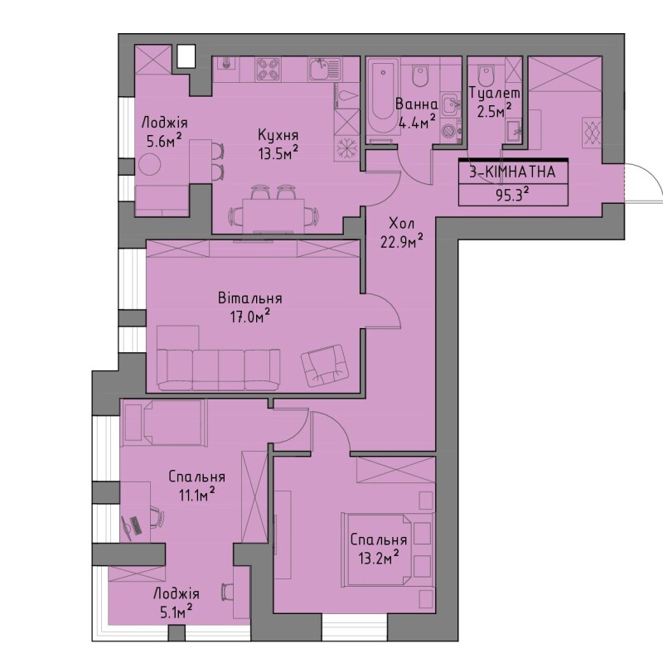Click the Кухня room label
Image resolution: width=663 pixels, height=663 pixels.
coord(278,135)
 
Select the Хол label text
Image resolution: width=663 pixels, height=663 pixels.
coord(401,223)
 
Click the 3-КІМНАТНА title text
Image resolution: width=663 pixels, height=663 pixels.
coord(512,172)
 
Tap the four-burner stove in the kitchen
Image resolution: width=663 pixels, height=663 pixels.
coord(269,69)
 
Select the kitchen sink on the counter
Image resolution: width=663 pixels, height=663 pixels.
coord(324,69)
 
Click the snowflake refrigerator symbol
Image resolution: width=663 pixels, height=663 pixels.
coord(346,149)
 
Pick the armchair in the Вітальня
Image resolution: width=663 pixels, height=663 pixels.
coord(323,365)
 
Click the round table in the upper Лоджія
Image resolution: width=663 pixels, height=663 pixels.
coord(150,164)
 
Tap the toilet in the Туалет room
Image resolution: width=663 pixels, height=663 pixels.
coord(486,75)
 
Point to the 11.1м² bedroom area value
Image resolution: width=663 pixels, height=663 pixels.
coord(196,494)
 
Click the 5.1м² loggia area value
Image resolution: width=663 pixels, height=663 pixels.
coord(176,612)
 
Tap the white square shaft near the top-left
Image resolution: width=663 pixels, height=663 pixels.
coord(186,56)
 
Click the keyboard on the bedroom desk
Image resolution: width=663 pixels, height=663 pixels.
coord(136,527)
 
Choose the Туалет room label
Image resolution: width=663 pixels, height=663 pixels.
coord(495,93)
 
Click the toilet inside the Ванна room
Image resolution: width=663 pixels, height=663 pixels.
coord(420,75)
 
